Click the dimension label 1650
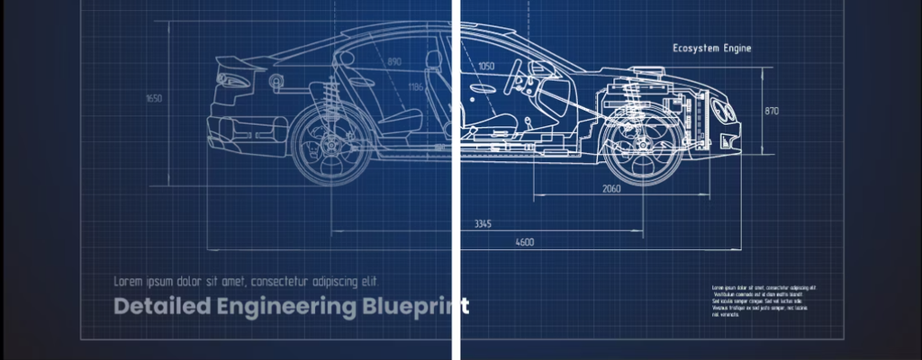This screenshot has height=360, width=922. [x=154, y=98]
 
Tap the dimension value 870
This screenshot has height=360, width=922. [x=772, y=111]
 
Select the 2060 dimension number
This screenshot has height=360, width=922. [x=610, y=189]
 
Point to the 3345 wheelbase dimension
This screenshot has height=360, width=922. [x=483, y=224]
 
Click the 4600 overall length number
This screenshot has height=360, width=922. [x=524, y=242]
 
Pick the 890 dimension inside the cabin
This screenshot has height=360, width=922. [x=394, y=62]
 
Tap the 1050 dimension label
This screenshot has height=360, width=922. [x=486, y=66]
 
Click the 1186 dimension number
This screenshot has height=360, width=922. [x=415, y=87]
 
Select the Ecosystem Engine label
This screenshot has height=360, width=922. [x=711, y=49]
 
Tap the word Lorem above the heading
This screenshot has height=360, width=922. [x=129, y=280]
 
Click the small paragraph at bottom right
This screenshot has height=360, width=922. [x=764, y=301]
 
